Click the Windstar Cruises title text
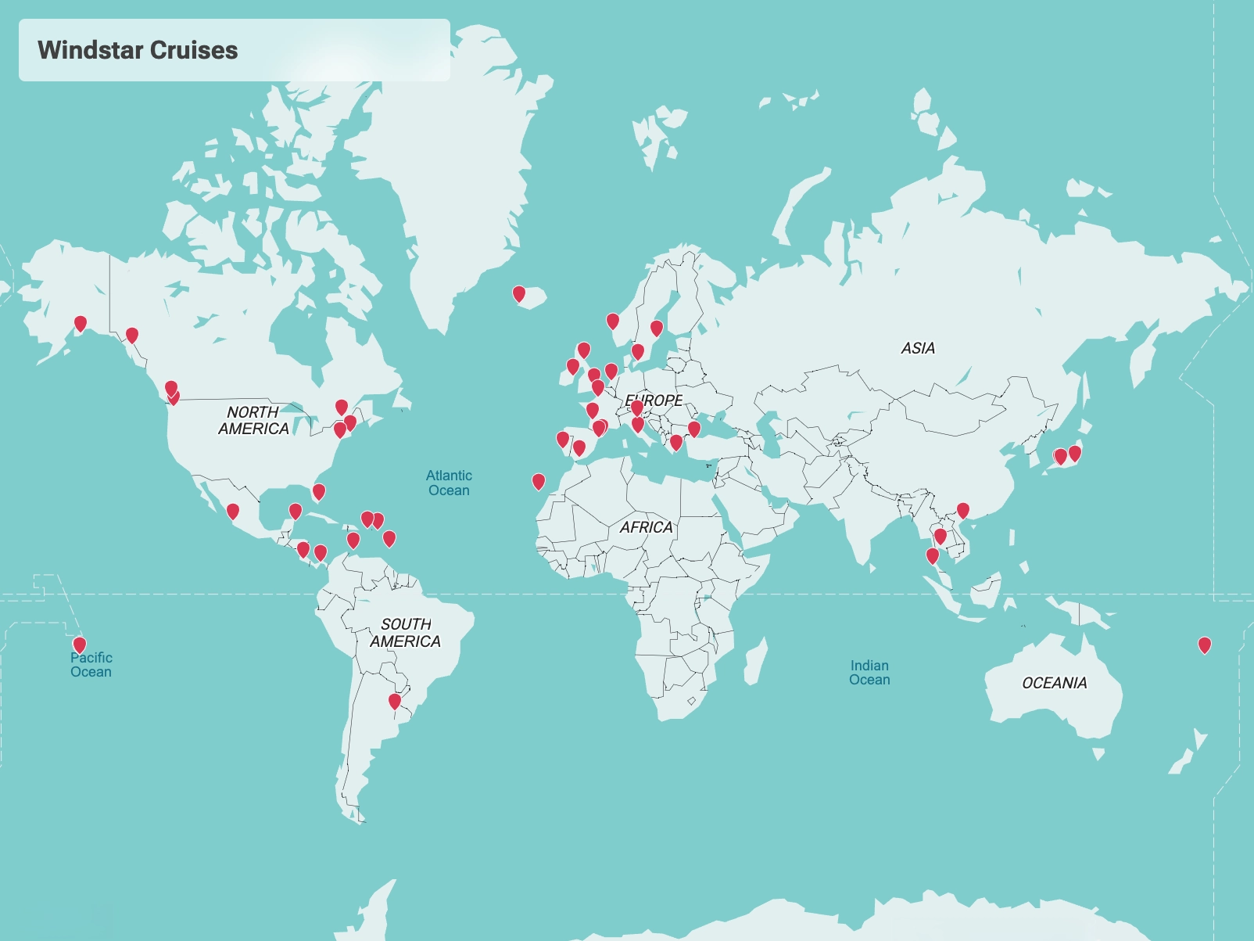click(138, 50)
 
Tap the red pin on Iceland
click(519, 293)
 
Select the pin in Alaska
click(81, 322)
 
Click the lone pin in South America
click(395, 700)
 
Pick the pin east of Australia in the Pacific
click(1205, 645)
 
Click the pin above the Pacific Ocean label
click(79, 645)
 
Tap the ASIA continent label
click(918, 348)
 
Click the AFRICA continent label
click(646, 527)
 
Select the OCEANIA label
click(1054, 683)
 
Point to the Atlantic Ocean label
click(449, 483)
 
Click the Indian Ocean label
click(869, 673)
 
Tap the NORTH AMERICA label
click(253, 420)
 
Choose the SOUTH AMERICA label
click(405, 633)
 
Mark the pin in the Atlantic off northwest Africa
click(539, 480)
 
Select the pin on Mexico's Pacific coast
click(233, 511)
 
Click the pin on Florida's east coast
click(319, 491)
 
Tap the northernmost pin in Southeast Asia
click(963, 510)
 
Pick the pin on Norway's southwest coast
click(613, 321)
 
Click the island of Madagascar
click(755, 661)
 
